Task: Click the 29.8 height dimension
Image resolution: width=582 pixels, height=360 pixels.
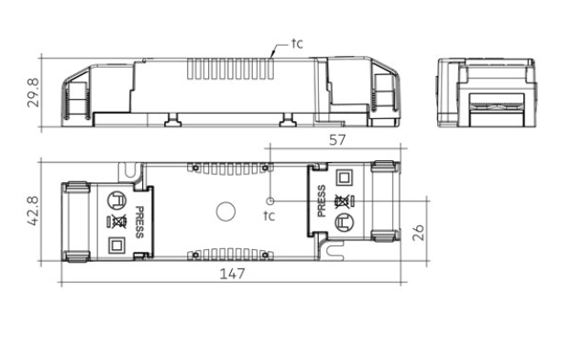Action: pyautogui.click(x=33, y=93)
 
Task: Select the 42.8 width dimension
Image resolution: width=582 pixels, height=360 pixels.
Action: pyautogui.click(x=33, y=211)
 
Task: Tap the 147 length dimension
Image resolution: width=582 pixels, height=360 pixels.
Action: pyautogui.click(x=233, y=274)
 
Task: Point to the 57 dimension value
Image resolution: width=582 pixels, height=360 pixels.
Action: pyautogui.click(x=337, y=140)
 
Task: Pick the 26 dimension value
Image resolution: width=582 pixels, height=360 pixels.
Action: pyautogui.click(x=418, y=233)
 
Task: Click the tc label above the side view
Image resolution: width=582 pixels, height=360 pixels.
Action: pyautogui.click(x=297, y=43)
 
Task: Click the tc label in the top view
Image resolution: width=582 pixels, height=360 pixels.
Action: pyautogui.click(x=269, y=215)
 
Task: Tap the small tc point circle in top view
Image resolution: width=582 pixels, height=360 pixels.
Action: pyautogui.click(x=270, y=202)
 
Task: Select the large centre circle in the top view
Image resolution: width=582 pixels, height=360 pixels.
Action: pyautogui.click(x=225, y=212)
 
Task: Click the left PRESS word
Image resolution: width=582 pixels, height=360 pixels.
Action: pyautogui.click(x=139, y=223)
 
